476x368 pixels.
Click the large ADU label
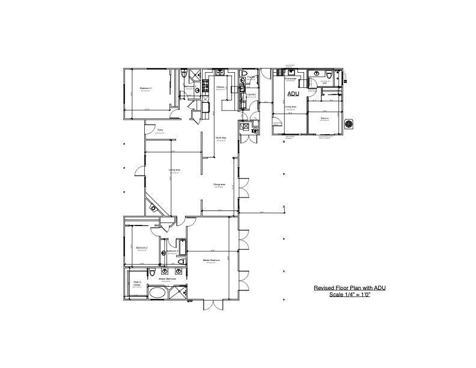(293, 94)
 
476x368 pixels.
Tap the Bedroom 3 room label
(145, 88)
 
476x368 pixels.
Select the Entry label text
(160, 129)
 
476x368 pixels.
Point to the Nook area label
(221, 138)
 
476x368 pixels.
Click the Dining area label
(219, 184)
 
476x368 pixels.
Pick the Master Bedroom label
(211, 260)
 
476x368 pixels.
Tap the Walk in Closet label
(136, 283)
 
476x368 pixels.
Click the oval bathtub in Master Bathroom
(157, 294)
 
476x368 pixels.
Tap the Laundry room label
(251, 94)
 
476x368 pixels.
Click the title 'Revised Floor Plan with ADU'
(349, 287)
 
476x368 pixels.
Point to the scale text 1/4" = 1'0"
(349, 294)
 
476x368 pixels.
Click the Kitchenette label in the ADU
(290, 78)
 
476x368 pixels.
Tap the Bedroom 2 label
(142, 248)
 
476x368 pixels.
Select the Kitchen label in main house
(221, 87)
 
